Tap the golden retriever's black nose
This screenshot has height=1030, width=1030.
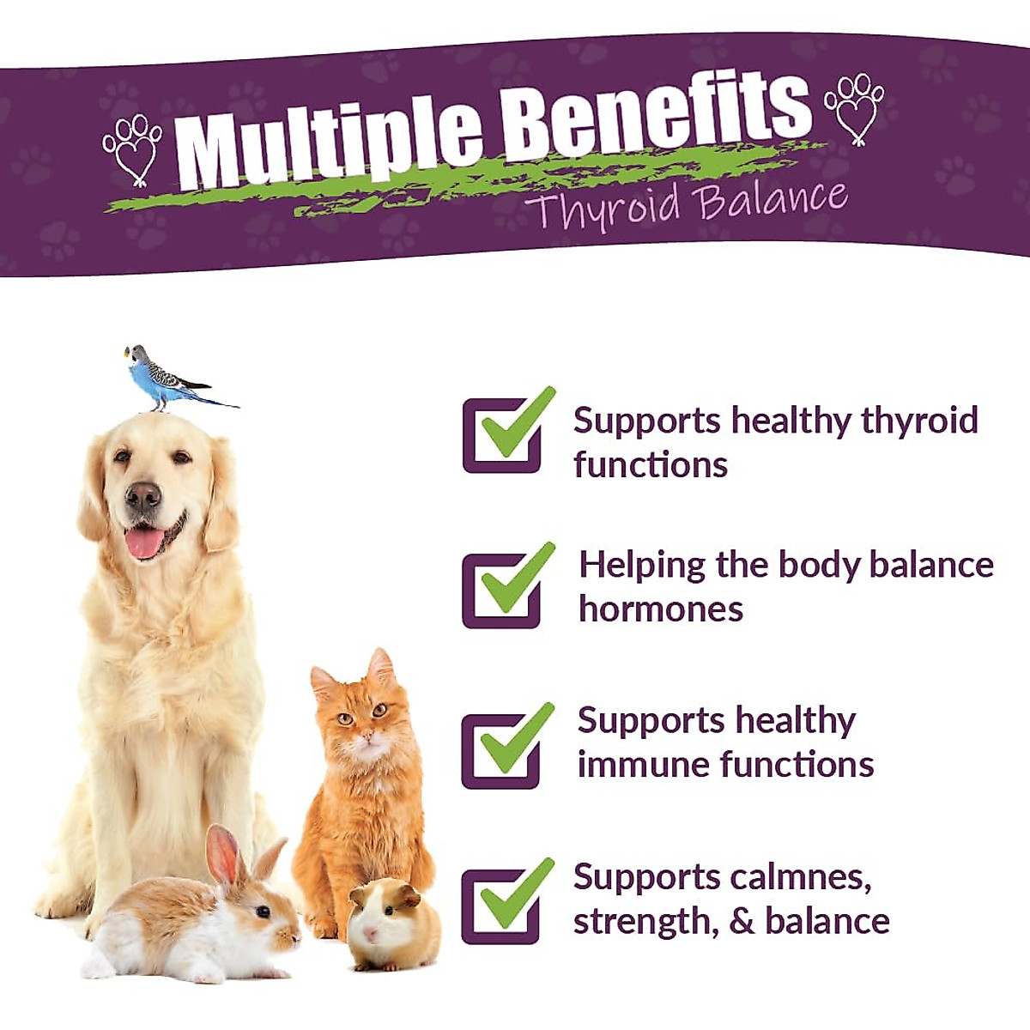tap(142, 495)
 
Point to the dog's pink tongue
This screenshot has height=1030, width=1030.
tap(144, 542)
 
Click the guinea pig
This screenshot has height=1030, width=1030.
tap(391, 923)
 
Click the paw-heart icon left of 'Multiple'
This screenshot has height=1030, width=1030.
tap(133, 148)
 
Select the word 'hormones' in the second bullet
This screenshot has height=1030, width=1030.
tap(661, 609)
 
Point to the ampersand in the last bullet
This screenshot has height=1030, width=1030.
tap(742, 922)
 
